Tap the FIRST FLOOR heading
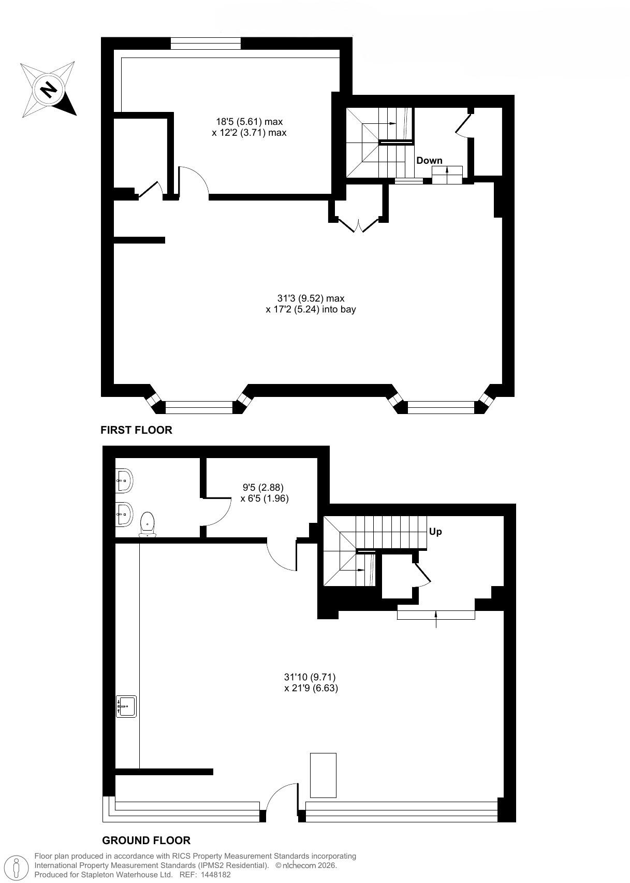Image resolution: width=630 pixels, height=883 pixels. [136, 430]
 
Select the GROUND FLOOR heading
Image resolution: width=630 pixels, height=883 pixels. [146, 841]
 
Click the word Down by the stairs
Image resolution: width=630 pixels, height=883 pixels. [429, 161]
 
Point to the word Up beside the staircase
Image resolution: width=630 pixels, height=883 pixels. [435, 532]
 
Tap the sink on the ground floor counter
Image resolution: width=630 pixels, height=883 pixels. [126, 706]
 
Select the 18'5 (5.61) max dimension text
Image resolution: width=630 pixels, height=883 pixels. [249, 122]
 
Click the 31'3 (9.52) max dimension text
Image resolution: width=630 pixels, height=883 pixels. [311, 298]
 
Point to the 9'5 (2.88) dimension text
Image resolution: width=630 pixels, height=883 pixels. [263, 488]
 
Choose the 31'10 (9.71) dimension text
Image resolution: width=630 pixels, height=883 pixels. [310, 677]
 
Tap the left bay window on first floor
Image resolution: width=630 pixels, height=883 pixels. [199, 407]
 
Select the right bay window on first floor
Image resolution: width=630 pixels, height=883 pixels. [441, 407]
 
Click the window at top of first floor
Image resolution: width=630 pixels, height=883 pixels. [206, 44]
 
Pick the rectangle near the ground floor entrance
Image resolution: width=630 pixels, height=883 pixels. [323, 775]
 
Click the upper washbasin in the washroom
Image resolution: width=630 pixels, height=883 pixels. [124, 480]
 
